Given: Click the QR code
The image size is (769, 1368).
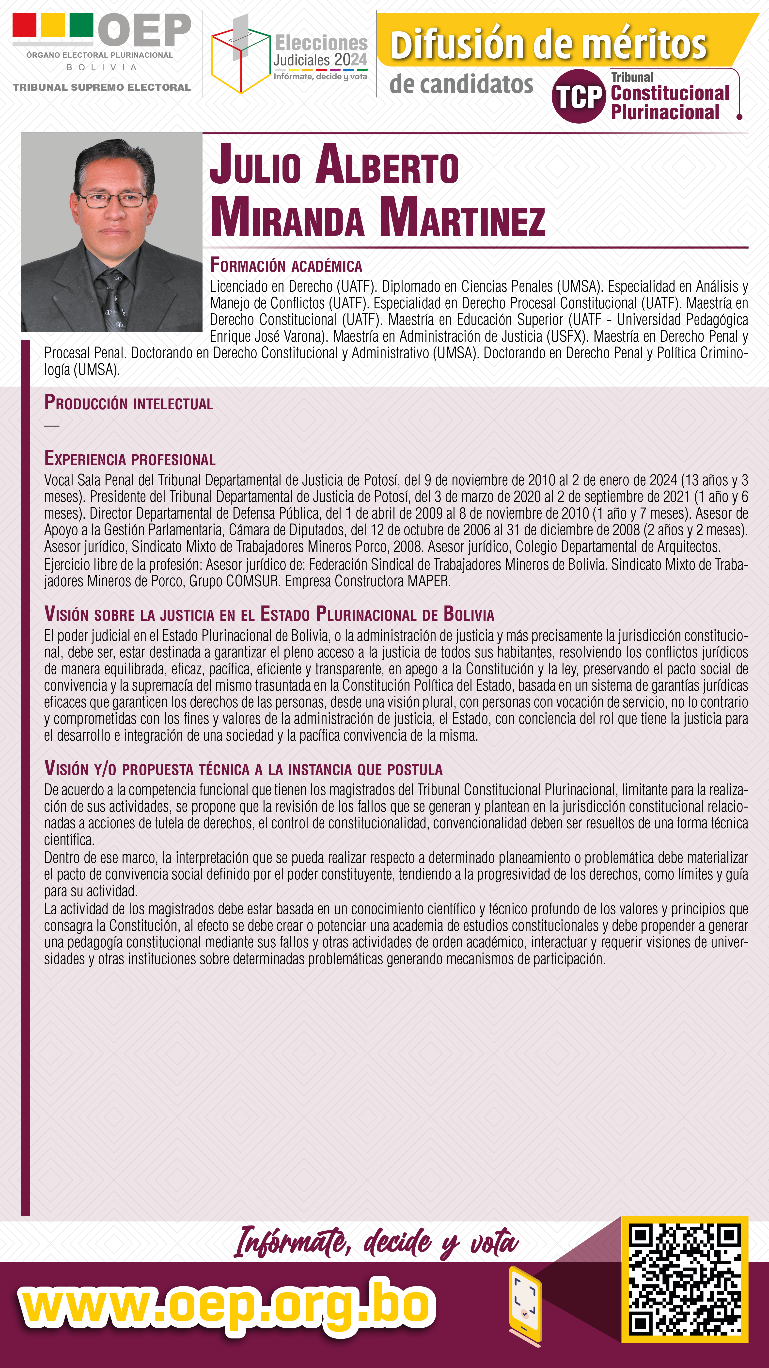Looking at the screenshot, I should pos(685,1279).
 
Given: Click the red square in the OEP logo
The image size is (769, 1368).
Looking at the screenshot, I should pos(24,25).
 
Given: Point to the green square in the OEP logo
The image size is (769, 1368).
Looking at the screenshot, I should pos(81,25).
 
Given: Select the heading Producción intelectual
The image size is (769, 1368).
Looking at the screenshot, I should pos(128,403).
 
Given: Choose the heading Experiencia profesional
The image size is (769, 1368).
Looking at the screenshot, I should pos(130,459).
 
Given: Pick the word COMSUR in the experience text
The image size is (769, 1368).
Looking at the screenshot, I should pos(252,581).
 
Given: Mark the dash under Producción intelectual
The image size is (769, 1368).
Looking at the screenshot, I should pos(51,425).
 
